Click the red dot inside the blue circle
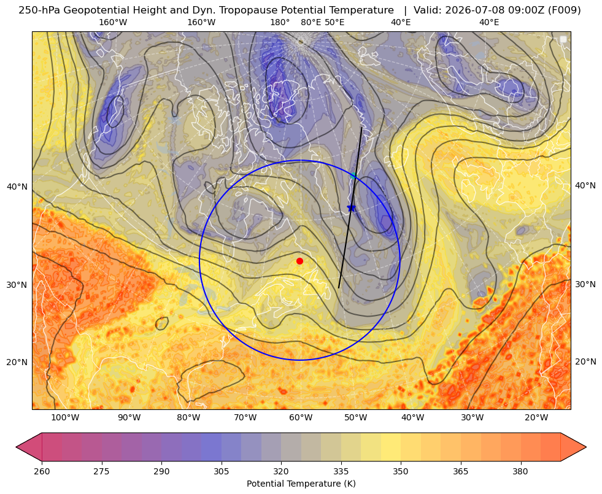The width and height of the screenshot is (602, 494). [x=300, y=261]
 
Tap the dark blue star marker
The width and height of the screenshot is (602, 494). [x=351, y=207]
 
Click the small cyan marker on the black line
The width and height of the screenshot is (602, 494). [x=353, y=176]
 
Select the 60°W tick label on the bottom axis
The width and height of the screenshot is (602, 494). [x=301, y=418]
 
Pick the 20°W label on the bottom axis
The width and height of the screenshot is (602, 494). [x=536, y=418]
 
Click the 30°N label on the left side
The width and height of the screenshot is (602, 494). [x=17, y=285]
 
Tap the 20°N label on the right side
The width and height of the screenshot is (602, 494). [x=585, y=361]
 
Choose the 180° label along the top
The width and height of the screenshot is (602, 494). [x=280, y=22]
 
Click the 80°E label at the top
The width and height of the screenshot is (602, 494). [x=311, y=22]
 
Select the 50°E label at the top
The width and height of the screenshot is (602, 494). [x=334, y=22]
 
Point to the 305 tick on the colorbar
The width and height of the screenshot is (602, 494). [x=221, y=471]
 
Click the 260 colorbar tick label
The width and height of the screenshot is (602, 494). [x=42, y=471]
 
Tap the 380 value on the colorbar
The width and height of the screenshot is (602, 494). [x=520, y=471]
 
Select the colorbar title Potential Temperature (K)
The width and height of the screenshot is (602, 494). [x=301, y=484]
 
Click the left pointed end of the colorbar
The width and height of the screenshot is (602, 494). [x=17, y=447]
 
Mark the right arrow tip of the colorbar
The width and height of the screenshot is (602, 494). [x=586, y=447]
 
